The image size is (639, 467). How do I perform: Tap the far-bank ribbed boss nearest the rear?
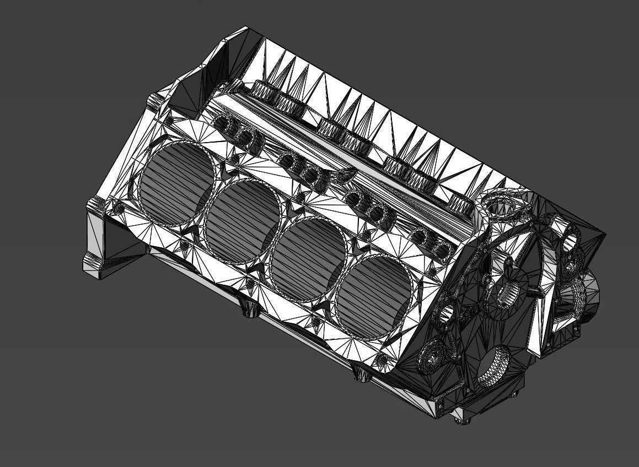click(x=264, y=90)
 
